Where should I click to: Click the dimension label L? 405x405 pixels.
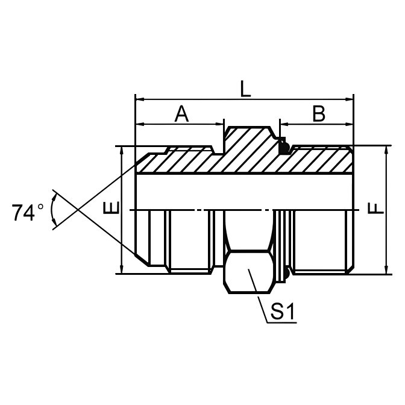(244, 88)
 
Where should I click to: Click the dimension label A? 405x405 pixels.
(181, 114)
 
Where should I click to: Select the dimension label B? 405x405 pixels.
(318, 114)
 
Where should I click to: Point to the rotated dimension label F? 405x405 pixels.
(375, 209)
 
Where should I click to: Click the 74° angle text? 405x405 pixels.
(28, 212)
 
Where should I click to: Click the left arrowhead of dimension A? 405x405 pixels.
(139, 125)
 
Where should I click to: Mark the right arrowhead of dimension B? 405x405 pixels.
(350, 125)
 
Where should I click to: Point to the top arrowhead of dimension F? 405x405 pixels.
(385, 149)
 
